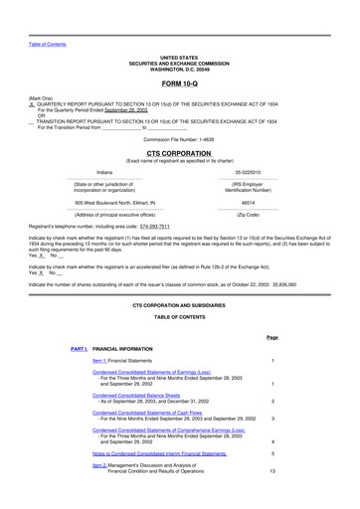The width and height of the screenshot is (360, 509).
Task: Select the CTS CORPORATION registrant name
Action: tap(179, 155)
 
